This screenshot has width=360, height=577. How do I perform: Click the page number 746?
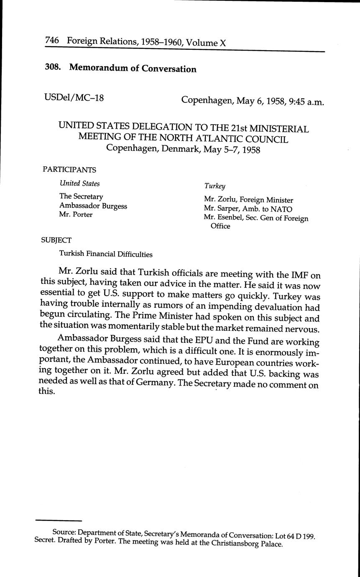pos(54,41)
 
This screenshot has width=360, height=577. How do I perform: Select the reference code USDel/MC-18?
pos(74,97)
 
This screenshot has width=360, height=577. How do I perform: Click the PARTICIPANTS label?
pos(69,169)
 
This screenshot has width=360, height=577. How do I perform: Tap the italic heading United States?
pos(79,183)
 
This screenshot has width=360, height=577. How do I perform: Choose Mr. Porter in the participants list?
pos(76,214)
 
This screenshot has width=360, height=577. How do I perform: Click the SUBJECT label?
pos(56,240)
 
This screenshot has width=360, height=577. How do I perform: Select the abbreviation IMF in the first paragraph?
pos(297,276)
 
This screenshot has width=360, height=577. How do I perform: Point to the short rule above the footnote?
pos(58,521)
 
